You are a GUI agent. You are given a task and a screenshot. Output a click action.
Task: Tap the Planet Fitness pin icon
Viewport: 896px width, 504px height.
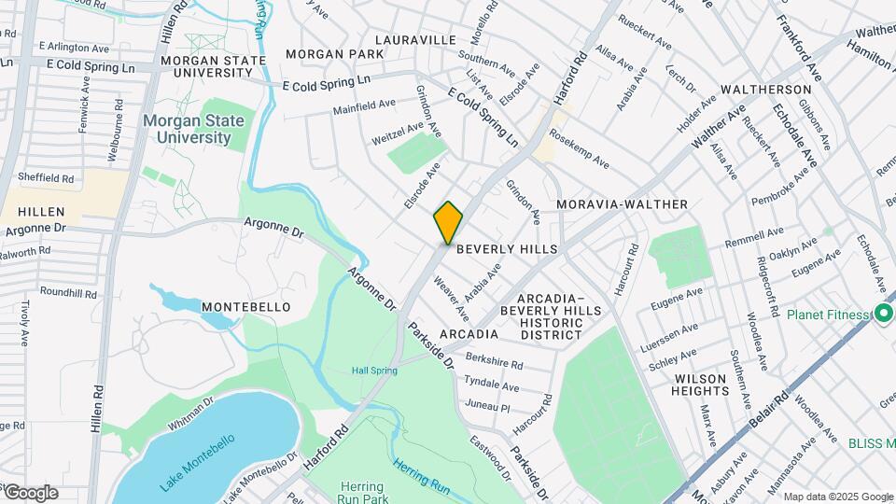[883, 315]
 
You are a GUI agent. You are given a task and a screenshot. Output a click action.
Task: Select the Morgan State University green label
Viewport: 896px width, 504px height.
[194, 129]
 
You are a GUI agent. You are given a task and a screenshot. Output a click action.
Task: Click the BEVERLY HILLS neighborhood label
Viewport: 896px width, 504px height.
[507, 249]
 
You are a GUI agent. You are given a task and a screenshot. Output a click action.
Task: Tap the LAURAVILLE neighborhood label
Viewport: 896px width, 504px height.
[415, 40]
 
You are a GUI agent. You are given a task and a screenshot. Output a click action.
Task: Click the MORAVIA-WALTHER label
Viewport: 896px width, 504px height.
[622, 204]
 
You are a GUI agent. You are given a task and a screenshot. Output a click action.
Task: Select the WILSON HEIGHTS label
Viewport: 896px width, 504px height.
[700, 385]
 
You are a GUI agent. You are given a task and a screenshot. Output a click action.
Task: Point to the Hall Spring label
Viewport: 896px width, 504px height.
[374, 371]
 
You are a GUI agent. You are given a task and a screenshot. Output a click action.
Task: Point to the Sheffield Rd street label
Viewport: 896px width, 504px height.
[46, 178]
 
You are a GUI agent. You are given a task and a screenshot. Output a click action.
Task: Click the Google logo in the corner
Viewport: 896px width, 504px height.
[30, 492]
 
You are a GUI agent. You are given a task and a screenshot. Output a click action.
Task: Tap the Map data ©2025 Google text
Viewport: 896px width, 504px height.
[837, 497]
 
